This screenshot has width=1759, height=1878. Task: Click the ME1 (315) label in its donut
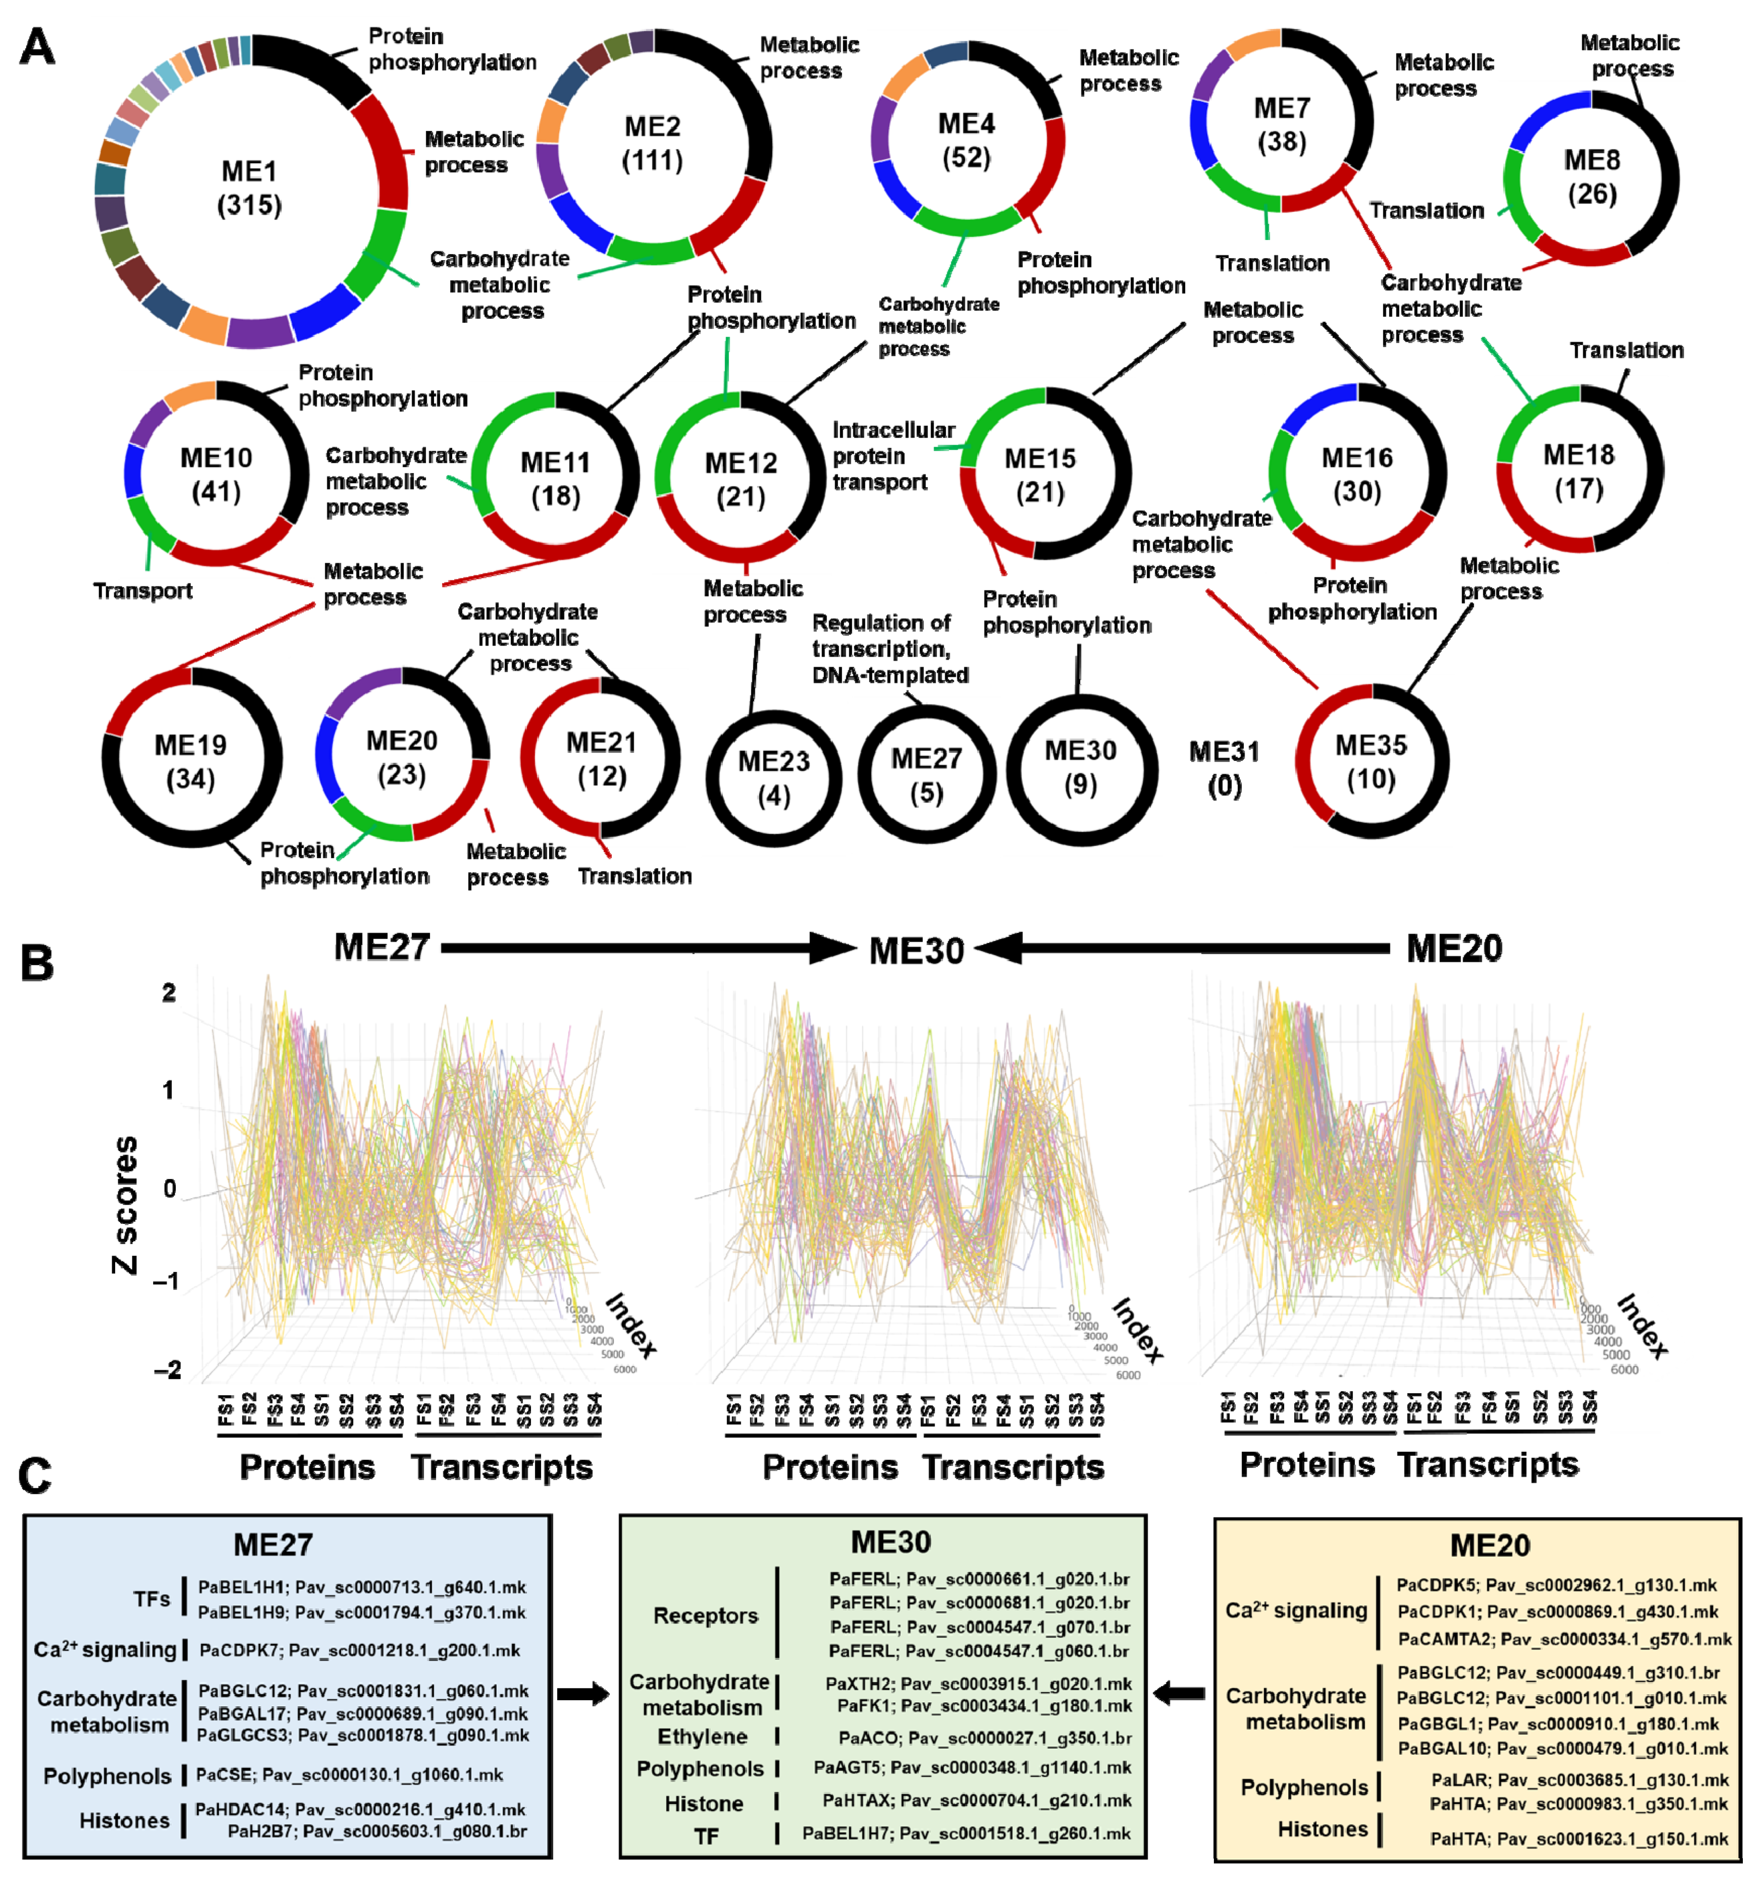click(x=250, y=188)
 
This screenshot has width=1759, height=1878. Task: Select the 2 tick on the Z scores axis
click(x=169, y=993)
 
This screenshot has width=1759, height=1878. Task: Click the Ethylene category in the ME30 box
click(x=702, y=1736)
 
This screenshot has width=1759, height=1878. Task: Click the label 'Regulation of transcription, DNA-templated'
click(x=890, y=649)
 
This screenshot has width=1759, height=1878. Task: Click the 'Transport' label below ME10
click(x=142, y=591)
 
